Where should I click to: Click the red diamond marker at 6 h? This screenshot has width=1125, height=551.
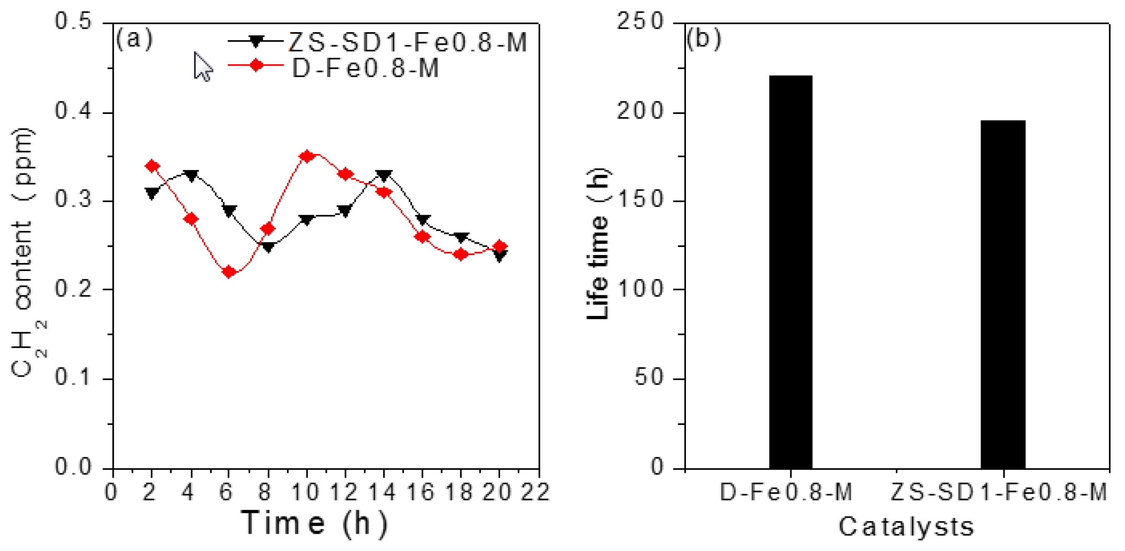[228, 272]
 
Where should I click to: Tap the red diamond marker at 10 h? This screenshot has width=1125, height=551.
[307, 156]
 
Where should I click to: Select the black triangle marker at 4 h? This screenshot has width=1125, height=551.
[191, 175]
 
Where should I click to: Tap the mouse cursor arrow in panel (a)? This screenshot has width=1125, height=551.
[202, 66]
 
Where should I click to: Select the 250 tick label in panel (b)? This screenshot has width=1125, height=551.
[640, 21]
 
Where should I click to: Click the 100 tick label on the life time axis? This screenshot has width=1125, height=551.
[640, 289]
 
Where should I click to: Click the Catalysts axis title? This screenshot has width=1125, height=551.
[906, 526]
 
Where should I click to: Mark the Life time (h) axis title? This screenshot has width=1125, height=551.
[598, 244]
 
